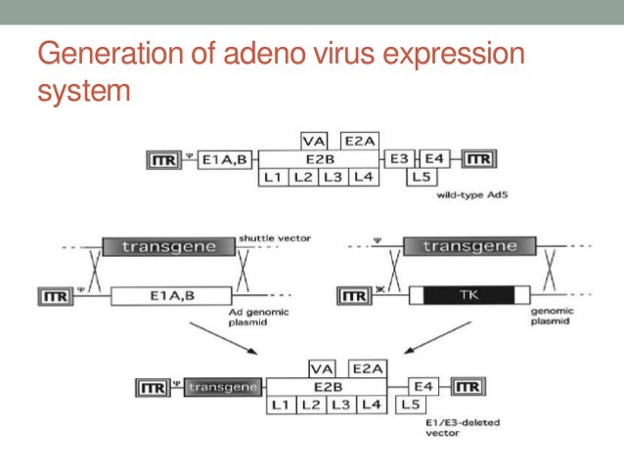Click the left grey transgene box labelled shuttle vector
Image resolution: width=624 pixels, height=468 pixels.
pyautogui.click(x=168, y=246)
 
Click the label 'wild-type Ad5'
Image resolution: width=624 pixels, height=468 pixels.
pyautogui.click(x=469, y=195)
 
